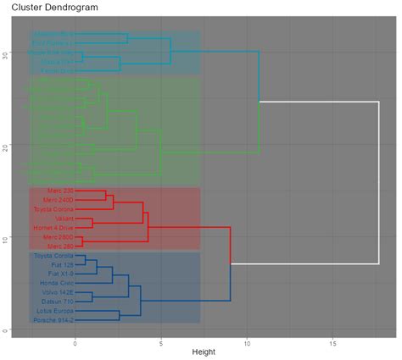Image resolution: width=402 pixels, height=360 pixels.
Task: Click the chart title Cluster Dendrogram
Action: pyautogui.click(x=49, y=8)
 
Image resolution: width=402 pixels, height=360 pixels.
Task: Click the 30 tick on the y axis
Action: pyautogui.click(x=6, y=54)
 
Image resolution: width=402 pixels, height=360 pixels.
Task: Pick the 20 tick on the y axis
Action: pyautogui.click(x=6, y=147)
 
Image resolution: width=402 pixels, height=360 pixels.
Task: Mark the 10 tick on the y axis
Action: pyautogui.click(x=6, y=239)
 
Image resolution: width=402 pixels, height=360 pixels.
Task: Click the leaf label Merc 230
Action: pyautogui.click(x=58, y=191)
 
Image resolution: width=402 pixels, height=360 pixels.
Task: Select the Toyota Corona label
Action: pyautogui.click(x=53, y=208)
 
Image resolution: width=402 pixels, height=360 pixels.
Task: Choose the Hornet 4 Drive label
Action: pyautogui.click(x=53, y=227)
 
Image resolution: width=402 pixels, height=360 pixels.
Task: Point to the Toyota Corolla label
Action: pyautogui.click(x=53, y=255)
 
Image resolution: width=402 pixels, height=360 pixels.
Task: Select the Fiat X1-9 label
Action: pyautogui.click(x=59, y=274)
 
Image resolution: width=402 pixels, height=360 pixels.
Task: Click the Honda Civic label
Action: pyautogui.click(x=57, y=283)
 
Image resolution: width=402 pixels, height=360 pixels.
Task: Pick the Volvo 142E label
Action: pyautogui.click(x=58, y=292)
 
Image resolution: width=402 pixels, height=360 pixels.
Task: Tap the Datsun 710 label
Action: pyautogui.click(x=58, y=301)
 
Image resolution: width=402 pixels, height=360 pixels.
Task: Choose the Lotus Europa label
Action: pyautogui.click(x=55, y=310)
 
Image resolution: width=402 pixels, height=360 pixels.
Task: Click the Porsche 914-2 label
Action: pyautogui.click(x=54, y=319)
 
